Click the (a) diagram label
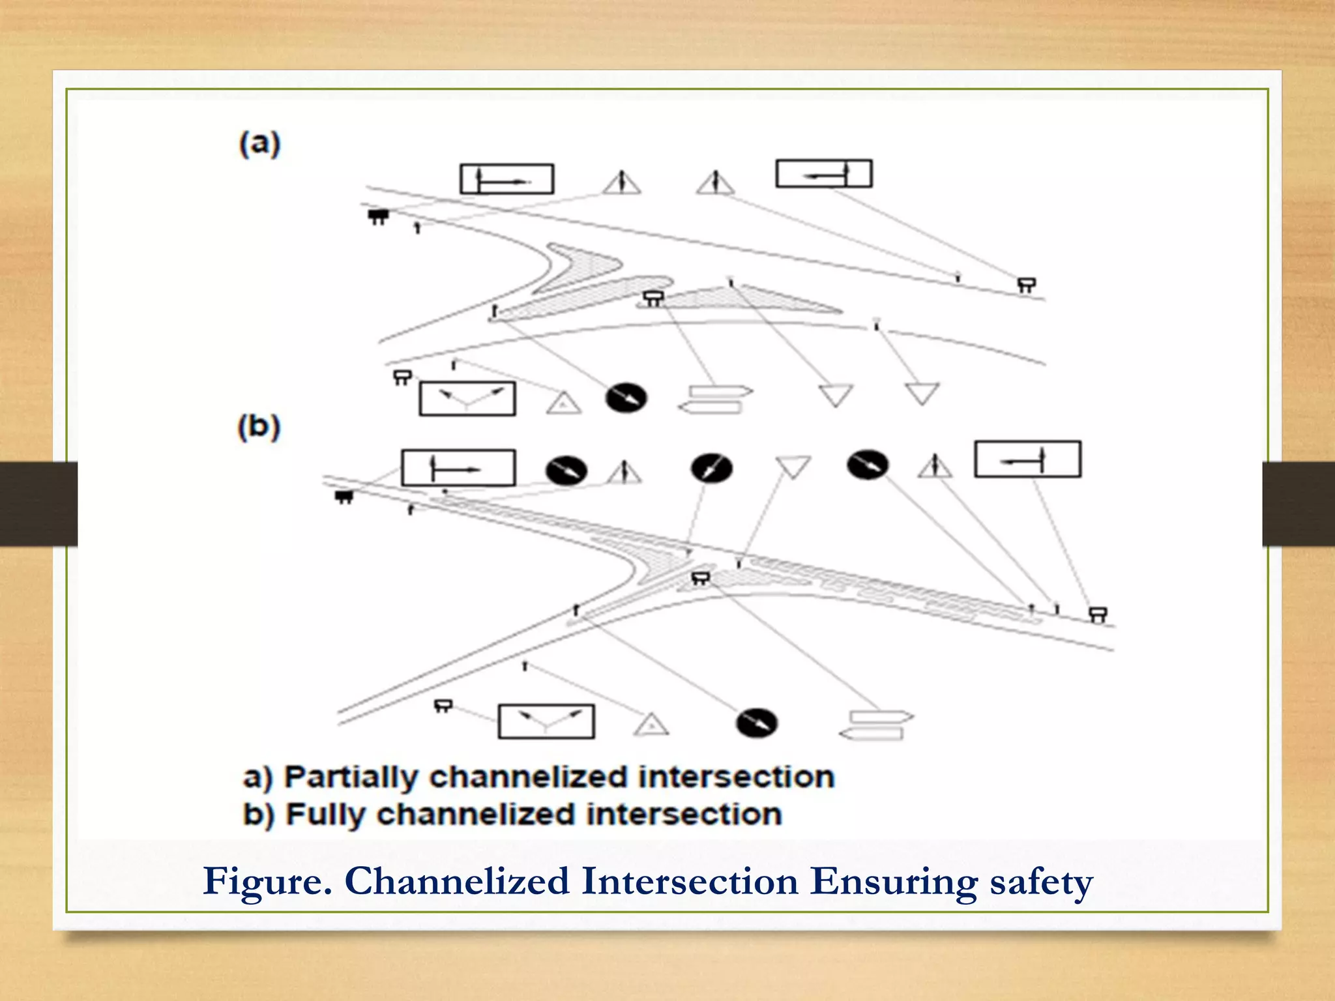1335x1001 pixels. [259, 144]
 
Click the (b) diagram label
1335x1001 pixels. [259, 428]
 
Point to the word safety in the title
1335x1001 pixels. [1041, 882]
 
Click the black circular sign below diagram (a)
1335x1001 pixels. [626, 398]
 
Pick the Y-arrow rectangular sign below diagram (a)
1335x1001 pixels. [467, 399]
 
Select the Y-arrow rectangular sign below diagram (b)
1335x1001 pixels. [546, 721]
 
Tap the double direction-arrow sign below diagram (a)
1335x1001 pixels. [715, 399]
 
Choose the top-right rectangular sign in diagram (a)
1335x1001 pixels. [823, 174]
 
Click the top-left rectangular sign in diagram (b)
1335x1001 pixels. [458, 468]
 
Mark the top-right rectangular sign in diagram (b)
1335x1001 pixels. [1027, 459]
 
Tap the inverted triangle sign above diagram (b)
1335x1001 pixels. [793, 466]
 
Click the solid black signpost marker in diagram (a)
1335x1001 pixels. [378, 216]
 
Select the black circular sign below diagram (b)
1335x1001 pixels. [756, 723]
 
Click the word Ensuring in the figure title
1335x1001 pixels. [894, 882]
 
